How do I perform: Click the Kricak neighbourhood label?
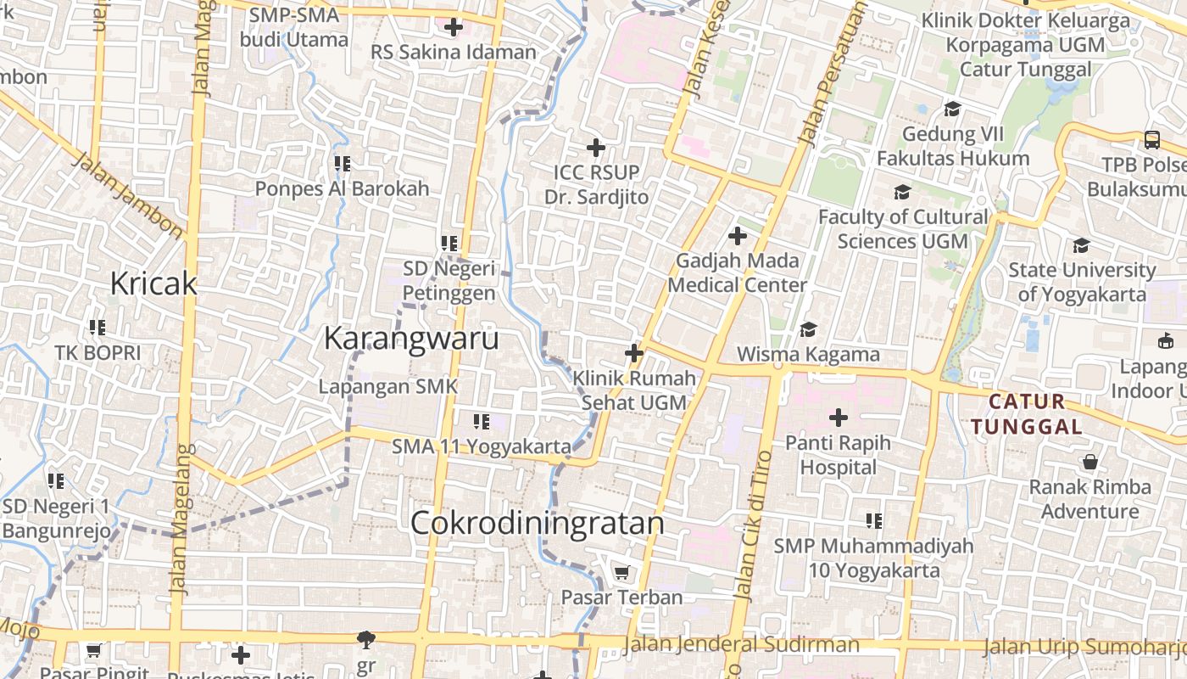tap(153, 283)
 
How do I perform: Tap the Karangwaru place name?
tap(411, 339)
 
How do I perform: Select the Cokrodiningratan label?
tap(537, 523)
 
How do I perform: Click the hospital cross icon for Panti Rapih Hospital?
tap(839, 418)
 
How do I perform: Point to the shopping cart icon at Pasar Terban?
tap(621, 573)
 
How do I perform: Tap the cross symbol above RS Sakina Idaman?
tap(454, 27)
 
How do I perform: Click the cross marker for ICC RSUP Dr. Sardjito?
tap(596, 148)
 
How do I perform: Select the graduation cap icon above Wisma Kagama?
tap(809, 329)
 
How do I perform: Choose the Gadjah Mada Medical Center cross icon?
tap(737, 236)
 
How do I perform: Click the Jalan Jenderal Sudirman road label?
tap(741, 645)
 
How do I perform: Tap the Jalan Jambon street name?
tap(128, 195)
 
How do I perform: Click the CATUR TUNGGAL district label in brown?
tap(1028, 413)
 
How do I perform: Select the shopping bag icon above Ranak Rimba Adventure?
tap(1090, 463)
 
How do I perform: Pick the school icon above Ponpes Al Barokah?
tap(343, 163)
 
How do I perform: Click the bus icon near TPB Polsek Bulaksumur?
tap(1151, 140)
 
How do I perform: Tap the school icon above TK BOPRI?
tap(98, 327)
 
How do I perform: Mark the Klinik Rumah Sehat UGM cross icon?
tap(633, 353)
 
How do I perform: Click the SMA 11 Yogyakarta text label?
tap(482, 446)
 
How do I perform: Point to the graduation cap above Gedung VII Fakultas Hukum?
tap(952, 109)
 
